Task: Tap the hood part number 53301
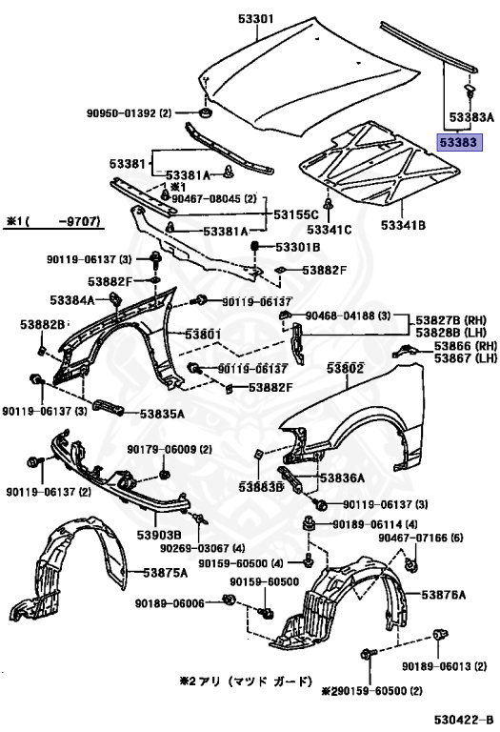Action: click(x=254, y=16)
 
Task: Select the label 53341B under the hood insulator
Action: click(x=403, y=226)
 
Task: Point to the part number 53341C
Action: click(x=330, y=229)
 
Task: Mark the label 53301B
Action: click(x=298, y=247)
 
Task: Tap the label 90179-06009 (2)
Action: click(x=160, y=449)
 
